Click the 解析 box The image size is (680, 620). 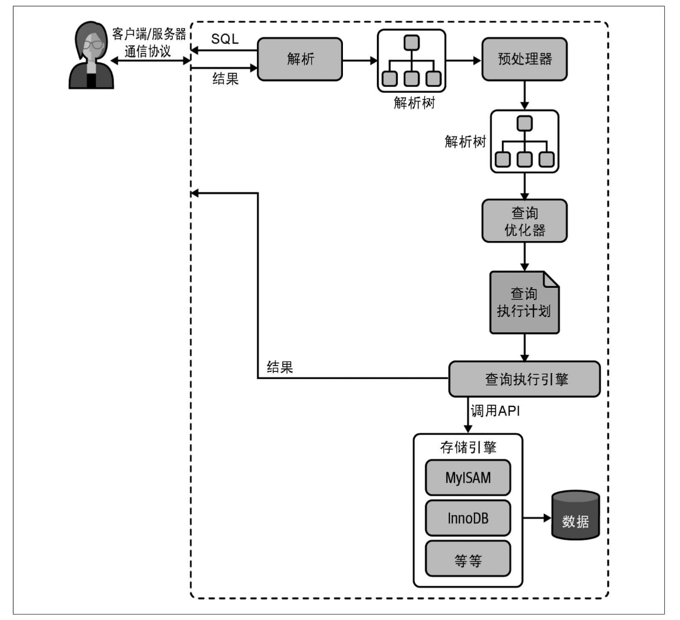click(300, 59)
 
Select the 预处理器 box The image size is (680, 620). click(525, 59)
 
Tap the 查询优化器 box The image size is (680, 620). click(525, 221)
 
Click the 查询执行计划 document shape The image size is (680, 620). click(525, 302)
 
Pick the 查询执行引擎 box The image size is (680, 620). click(525, 379)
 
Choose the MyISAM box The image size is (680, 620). click(468, 478)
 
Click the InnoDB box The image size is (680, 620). click(468, 518)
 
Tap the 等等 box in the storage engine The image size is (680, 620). click(468, 559)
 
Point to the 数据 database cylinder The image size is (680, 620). click(575, 515)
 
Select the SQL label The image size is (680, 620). click(225, 39)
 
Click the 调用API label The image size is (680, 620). click(495, 411)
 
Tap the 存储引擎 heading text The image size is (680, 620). click(468, 447)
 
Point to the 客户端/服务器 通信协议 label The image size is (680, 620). click(149, 43)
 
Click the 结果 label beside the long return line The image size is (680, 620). click(280, 367)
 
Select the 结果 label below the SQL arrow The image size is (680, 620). click(225, 78)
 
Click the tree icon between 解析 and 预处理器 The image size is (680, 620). click(411, 61)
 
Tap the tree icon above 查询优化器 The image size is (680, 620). click(525, 141)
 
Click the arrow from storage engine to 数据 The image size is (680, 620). click(537, 518)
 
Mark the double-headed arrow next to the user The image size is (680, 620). click(151, 61)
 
